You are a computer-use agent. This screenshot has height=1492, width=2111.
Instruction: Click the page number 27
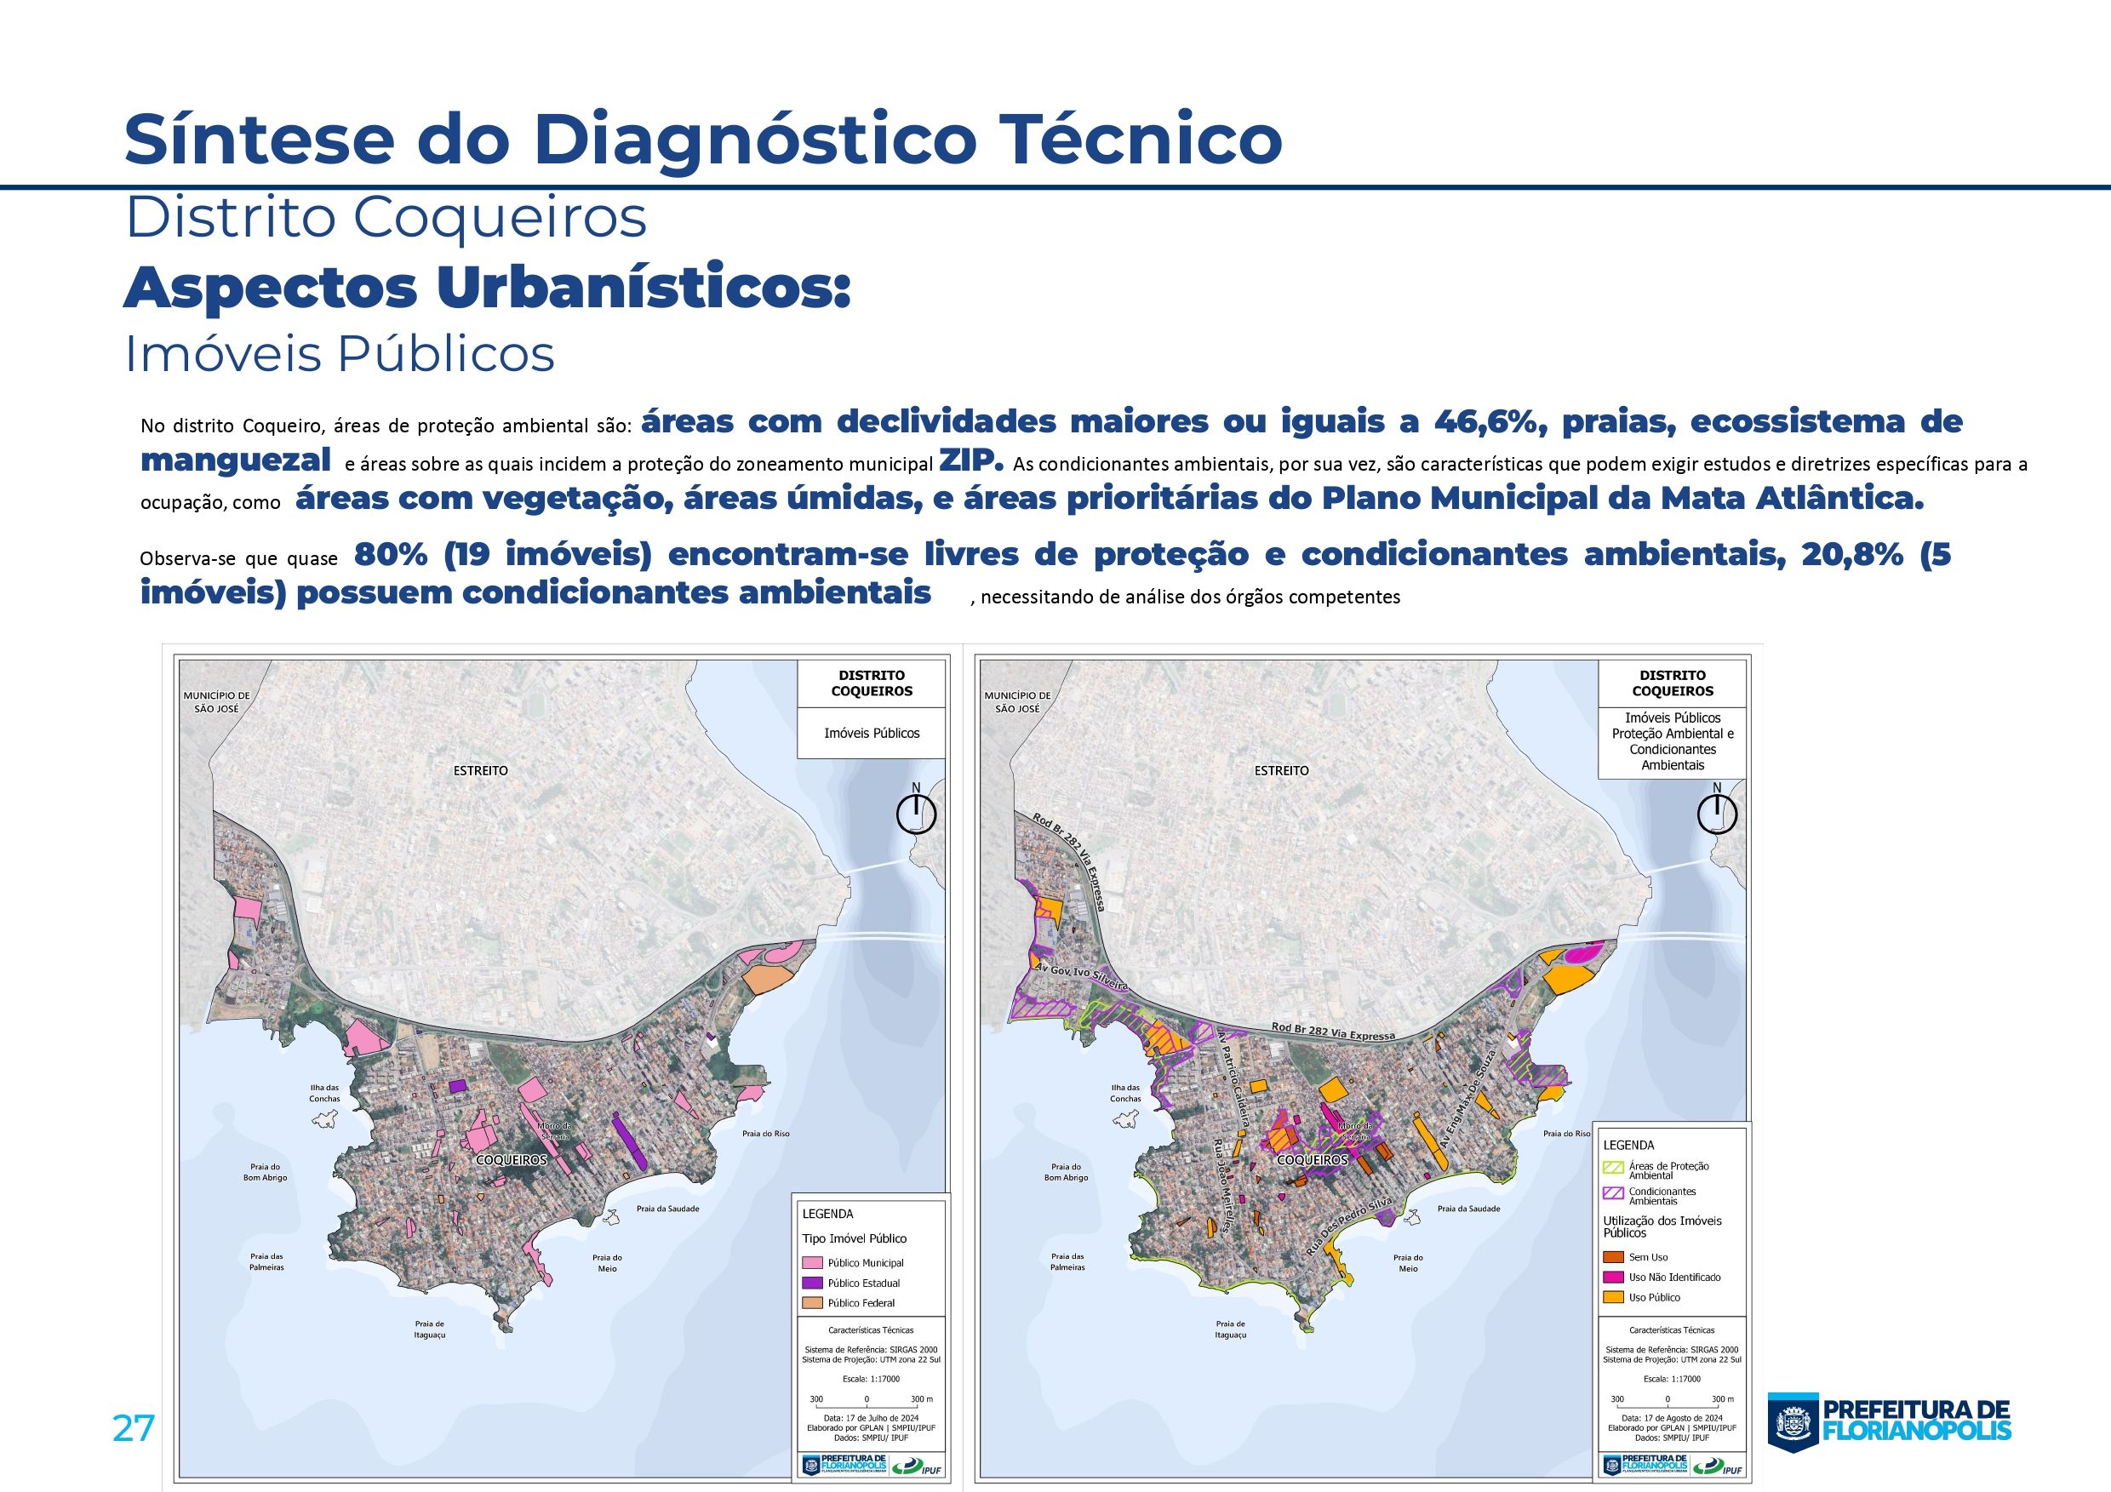coord(134,1428)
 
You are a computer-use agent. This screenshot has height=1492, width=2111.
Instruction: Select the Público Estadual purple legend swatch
coord(813,1283)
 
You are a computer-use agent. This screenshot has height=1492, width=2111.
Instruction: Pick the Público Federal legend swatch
coord(813,1302)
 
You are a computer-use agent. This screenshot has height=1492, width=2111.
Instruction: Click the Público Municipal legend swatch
coord(813,1262)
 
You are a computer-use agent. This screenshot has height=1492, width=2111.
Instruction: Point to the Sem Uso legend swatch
coord(1613,1256)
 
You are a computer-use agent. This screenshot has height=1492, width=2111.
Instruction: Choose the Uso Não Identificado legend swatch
coord(1613,1277)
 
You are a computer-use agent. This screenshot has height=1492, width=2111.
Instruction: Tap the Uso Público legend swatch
coord(1613,1297)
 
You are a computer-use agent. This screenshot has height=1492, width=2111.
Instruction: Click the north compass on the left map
coord(916,814)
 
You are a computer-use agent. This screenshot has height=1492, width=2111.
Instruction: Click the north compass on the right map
coord(1717,814)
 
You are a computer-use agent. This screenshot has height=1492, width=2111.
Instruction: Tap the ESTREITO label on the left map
coord(480,770)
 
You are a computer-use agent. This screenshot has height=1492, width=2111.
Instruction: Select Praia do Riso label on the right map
coord(1567,1134)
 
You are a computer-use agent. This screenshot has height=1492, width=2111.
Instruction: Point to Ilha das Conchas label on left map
coord(324,1092)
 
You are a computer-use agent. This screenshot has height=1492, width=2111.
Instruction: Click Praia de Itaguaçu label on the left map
coord(428,1329)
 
